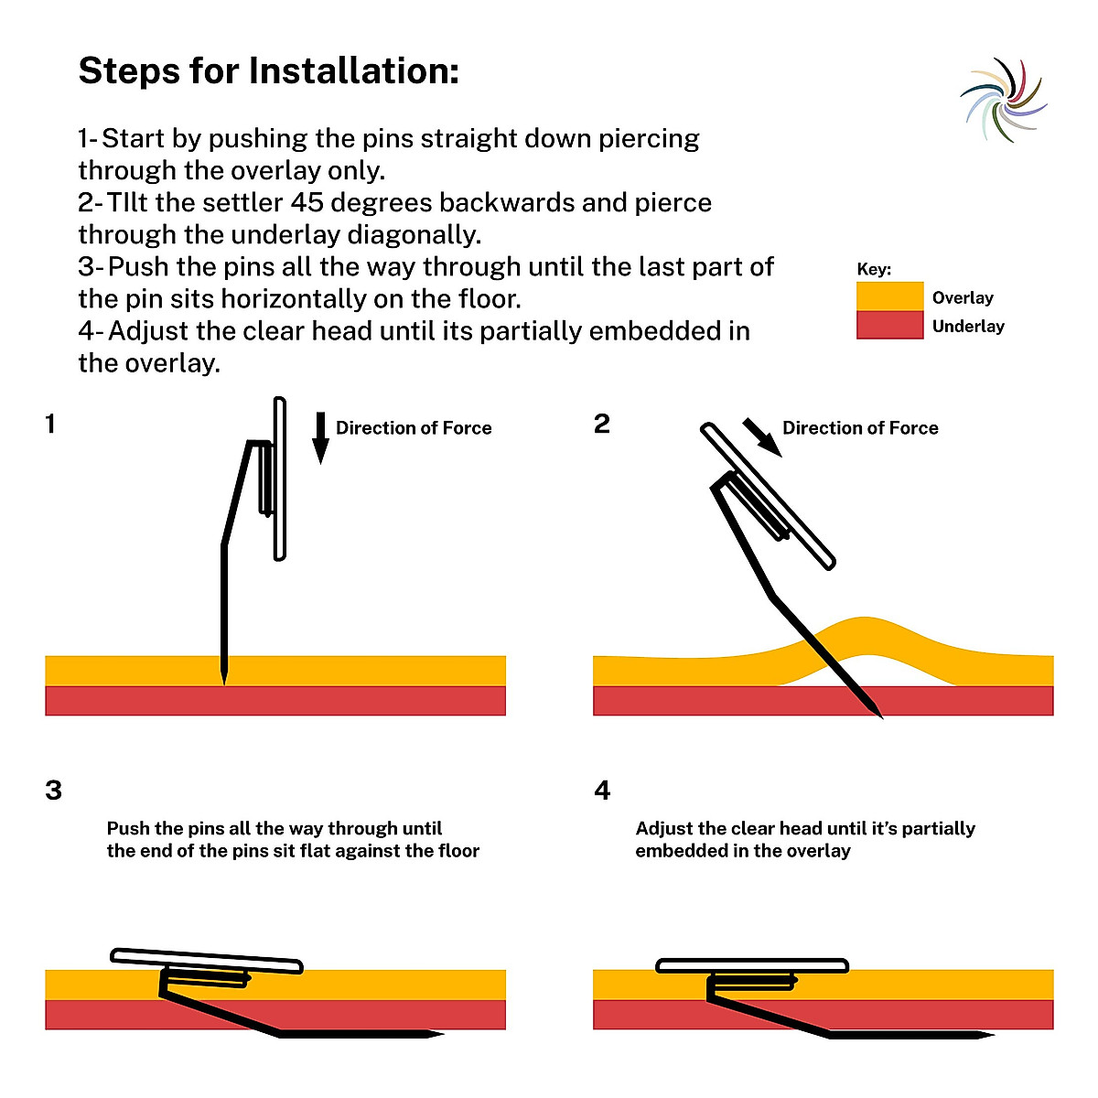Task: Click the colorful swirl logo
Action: click(x=1004, y=100)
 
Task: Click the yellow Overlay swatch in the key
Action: click(x=889, y=296)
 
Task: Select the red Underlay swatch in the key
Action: click(x=889, y=325)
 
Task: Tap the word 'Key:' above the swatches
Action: click(x=874, y=269)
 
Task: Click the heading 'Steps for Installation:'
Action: click(x=269, y=70)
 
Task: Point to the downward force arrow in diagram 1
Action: click(x=320, y=437)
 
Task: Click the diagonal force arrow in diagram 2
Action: click(x=761, y=436)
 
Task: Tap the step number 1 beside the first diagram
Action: click(x=50, y=424)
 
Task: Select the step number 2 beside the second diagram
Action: click(x=601, y=424)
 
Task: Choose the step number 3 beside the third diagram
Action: click(x=53, y=791)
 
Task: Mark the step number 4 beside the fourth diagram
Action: click(x=602, y=791)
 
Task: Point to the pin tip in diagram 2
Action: click(x=876, y=712)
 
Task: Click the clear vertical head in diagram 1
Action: click(x=280, y=479)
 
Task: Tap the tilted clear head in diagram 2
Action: click(x=769, y=496)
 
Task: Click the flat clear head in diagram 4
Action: click(x=752, y=966)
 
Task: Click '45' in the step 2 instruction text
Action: click(x=306, y=202)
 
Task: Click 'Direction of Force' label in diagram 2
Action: click(x=860, y=428)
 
